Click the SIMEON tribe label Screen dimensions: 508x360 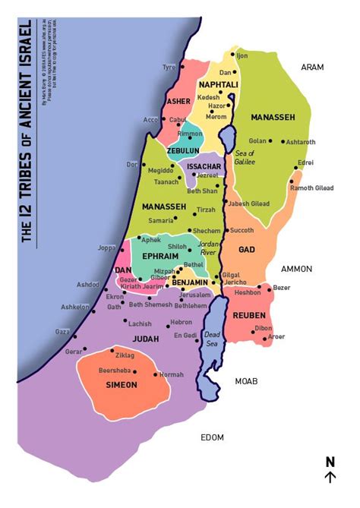(122, 385)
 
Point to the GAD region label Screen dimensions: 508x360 (245, 249)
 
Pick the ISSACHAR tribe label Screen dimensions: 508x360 (204, 166)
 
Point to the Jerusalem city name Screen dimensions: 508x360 (194, 295)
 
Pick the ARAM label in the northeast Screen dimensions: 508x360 (312, 67)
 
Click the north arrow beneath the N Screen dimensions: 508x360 (330, 477)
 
